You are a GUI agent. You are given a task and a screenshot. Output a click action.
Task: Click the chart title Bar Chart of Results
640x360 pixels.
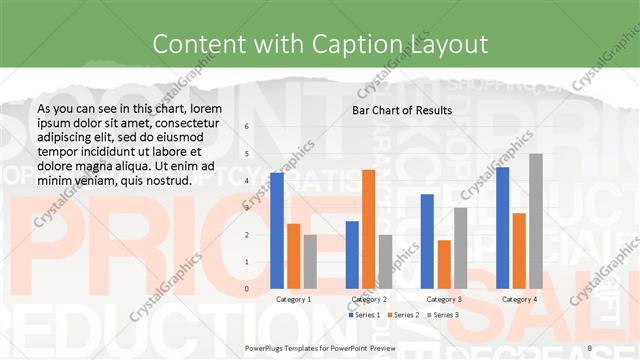click(x=402, y=110)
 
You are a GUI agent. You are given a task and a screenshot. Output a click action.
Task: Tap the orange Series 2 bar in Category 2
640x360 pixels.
click(x=369, y=229)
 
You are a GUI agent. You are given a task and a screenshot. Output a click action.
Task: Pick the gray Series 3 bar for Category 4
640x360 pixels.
click(x=536, y=221)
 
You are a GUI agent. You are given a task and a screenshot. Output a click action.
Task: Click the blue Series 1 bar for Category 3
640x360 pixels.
click(x=427, y=241)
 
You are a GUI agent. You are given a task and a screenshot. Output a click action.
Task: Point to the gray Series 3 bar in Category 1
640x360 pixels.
click(x=311, y=261)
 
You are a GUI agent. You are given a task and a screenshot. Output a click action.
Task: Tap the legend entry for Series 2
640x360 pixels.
click(x=402, y=315)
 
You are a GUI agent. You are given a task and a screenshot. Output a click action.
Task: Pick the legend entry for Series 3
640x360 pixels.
click(x=443, y=315)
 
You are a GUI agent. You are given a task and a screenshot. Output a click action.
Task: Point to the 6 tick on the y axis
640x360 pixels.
click(x=246, y=127)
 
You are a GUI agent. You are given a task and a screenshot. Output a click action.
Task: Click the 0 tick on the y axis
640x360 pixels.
click(x=246, y=289)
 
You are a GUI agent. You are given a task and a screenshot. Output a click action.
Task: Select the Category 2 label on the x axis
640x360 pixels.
click(x=369, y=299)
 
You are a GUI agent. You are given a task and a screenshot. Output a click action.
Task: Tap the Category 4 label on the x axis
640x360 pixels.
click(x=519, y=299)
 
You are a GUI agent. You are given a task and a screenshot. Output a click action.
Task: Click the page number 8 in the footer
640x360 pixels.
click(x=590, y=346)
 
